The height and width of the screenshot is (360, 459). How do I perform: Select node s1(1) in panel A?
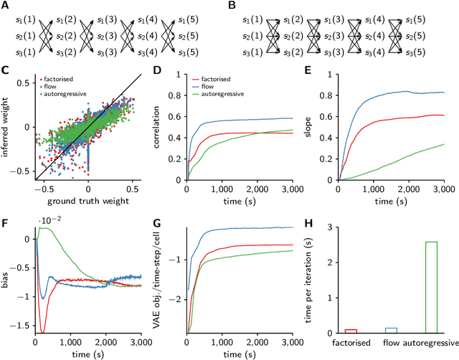[x=19, y=16]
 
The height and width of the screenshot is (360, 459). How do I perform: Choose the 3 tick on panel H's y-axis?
[x=330, y=227]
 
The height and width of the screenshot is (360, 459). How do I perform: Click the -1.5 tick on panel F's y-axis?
[x=22, y=324]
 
